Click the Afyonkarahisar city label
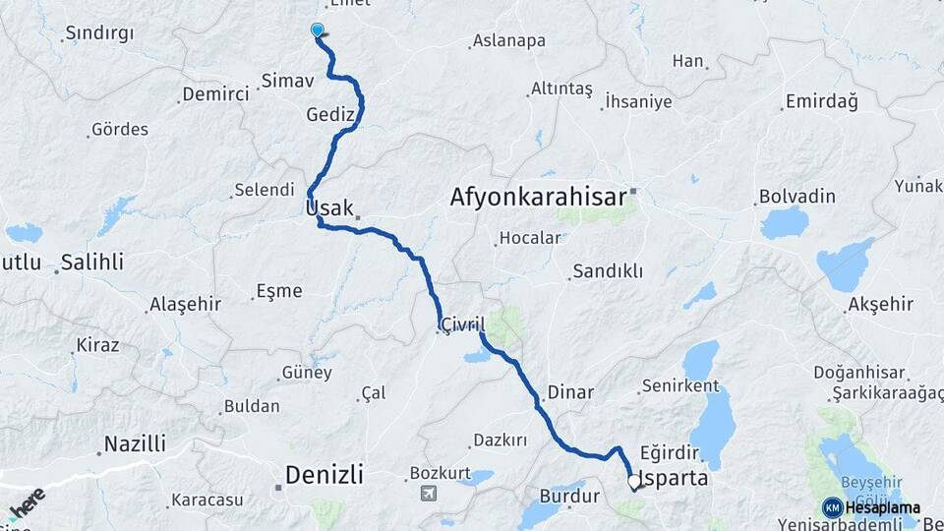pos(538,197)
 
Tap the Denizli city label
pos(324,476)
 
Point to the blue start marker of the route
pos(317,30)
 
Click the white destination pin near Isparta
pos(634,482)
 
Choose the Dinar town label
pos(570,392)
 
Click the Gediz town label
pos(329,114)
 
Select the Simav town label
pos(287,81)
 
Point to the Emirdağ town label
pos(821,102)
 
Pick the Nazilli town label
pos(135,443)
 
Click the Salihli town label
pos(91,263)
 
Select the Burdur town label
pos(569,497)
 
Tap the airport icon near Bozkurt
pos(427,493)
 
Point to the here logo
pos(28,501)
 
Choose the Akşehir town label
pos(881,305)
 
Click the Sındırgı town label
pos(98,33)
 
